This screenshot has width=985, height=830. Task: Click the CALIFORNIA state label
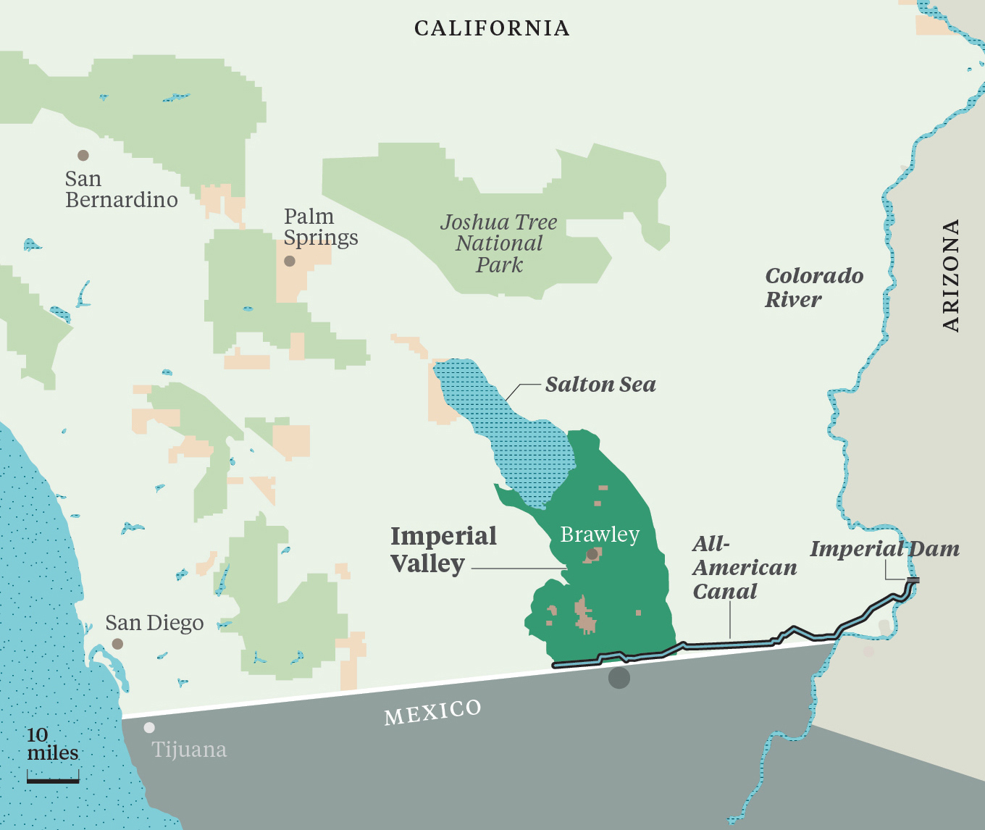pyautogui.click(x=492, y=28)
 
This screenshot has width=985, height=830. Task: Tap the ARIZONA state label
pyautogui.click(x=951, y=275)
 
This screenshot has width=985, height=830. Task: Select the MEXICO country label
pyautogui.click(x=432, y=712)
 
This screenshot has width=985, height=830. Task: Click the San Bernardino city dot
pyautogui.click(x=83, y=156)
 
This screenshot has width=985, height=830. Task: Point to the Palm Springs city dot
pyautogui.click(x=290, y=261)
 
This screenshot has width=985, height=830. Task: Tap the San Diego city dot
pyautogui.click(x=117, y=644)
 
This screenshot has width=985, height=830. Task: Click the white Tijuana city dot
pyautogui.click(x=149, y=728)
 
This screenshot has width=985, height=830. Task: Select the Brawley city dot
pyautogui.click(x=592, y=554)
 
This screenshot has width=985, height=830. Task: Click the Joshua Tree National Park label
pyautogui.click(x=499, y=243)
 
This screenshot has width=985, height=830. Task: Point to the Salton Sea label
pyautogui.click(x=600, y=385)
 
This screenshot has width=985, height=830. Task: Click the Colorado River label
pyautogui.click(x=813, y=288)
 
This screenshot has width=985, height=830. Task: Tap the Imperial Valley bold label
pyautogui.click(x=443, y=550)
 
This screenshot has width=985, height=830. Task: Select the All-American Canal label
pyautogui.click(x=744, y=568)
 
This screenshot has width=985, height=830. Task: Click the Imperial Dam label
pyautogui.click(x=884, y=549)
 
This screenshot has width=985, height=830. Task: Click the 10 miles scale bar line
pyautogui.click(x=53, y=781)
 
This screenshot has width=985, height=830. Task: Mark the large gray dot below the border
pyautogui.click(x=619, y=678)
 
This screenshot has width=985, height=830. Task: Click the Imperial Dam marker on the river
pyautogui.click(x=913, y=580)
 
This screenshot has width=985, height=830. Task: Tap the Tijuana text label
pyautogui.click(x=189, y=750)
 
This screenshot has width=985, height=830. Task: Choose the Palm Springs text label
pyautogui.click(x=320, y=227)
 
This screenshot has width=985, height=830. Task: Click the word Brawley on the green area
pyautogui.click(x=600, y=535)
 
